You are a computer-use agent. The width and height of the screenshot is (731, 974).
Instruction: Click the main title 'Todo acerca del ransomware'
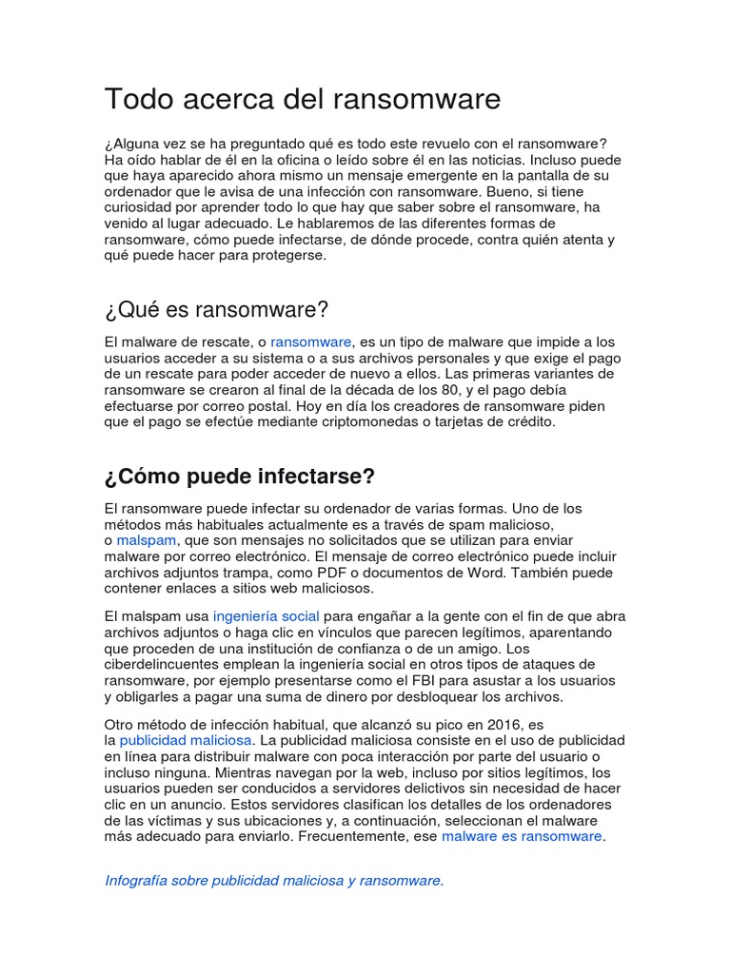tap(302, 99)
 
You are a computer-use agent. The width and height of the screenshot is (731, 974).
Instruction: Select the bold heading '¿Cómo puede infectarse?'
tap(240, 476)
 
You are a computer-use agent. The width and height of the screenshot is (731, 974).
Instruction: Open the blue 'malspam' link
tap(147, 539)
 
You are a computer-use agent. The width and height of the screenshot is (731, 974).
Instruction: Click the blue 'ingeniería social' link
tap(266, 616)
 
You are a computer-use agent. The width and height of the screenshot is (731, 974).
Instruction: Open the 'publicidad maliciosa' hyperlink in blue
tap(186, 739)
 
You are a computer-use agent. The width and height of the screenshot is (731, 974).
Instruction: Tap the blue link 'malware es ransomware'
tap(522, 836)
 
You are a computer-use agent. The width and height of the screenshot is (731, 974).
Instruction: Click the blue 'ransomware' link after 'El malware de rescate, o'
tap(311, 341)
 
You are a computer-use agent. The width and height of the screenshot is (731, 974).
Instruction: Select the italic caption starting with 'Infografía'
tap(274, 880)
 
